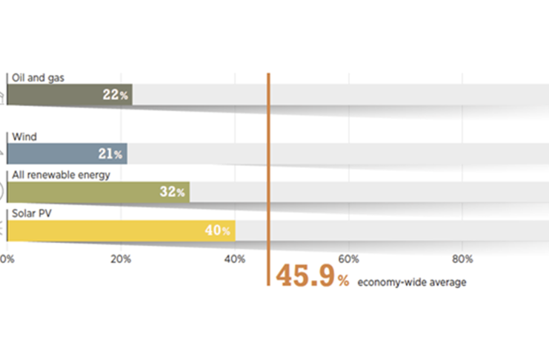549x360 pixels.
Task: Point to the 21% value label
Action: point(110,154)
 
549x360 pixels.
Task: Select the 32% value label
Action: point(172,192)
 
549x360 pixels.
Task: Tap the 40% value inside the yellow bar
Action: point(217,230)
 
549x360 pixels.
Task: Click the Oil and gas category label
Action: point(35,77)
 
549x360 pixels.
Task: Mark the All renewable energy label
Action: point(61,175)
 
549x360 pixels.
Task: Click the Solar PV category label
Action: point(29,214)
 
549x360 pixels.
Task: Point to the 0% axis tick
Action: point(7,259)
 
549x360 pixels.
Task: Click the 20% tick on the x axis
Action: point(121,259)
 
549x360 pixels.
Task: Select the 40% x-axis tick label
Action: point(235,259)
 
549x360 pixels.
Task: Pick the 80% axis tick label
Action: point(462,259)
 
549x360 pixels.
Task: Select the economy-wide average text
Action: point(411,281)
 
